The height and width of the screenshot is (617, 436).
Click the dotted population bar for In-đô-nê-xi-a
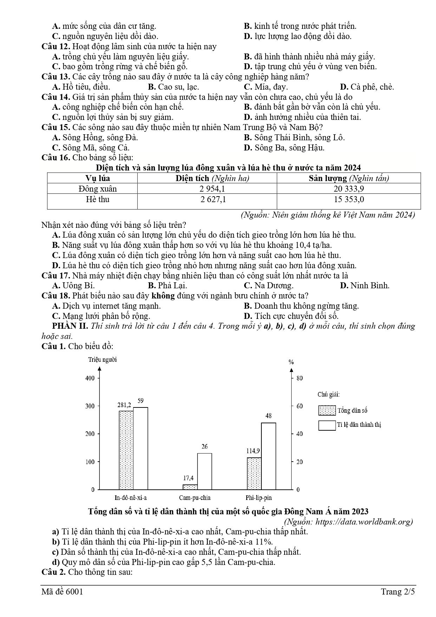[126, 450]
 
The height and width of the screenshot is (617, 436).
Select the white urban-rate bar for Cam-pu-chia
[204, 471]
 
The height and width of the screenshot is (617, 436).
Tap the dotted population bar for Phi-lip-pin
[254, 473]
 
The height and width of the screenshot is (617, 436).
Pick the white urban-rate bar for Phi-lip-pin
[268, 456]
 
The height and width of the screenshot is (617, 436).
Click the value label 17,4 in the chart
[188, 478]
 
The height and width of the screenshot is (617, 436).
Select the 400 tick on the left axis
[90, 378]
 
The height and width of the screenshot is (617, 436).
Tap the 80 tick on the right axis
[300, 378]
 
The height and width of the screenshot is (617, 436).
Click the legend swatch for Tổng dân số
[327, 410]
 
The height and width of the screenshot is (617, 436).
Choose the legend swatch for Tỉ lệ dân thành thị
[327, 425]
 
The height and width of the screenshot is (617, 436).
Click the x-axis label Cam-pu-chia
[195, 498]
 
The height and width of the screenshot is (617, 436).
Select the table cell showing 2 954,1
[212, 189]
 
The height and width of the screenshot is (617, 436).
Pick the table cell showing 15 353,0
[349, 200]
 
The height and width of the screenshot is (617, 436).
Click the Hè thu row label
[97, 200]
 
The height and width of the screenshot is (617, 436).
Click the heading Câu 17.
[56, 276]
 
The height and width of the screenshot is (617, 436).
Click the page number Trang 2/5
[398, 592]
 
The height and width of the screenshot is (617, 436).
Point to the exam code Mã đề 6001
[62, 592]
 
